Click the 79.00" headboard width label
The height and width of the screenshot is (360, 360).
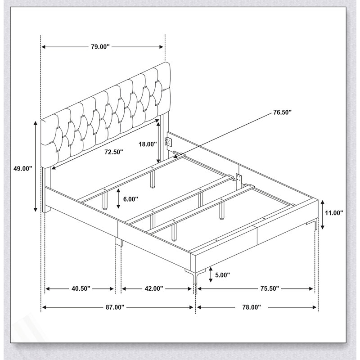(x=100, y=47)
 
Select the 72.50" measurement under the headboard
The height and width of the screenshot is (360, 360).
(x=114, y=152)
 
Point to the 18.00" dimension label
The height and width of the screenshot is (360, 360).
(x=148, y=144)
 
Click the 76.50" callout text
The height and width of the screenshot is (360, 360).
(x=282, y=112)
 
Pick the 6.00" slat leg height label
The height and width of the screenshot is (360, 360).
(x=130, y=199)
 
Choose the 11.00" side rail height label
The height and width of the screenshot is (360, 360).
(x=334, y=213)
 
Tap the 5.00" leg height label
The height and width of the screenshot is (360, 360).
(x=222, y=275)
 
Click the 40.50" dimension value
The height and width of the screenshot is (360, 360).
(x=81, y=288)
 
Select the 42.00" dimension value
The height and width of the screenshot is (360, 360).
(x=153, y=288)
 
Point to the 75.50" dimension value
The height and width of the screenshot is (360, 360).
(x=270, y=288)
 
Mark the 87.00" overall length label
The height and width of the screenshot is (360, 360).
(x=115, y=307)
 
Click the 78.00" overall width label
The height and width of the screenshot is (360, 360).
(x=252, y=307)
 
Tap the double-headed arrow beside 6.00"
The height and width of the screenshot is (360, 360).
(x=118, y=198)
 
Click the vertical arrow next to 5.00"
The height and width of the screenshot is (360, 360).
(x=211, y=274)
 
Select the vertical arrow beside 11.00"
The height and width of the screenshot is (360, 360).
(x=322, y=215)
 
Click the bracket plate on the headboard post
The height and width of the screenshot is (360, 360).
(x=169, y=142)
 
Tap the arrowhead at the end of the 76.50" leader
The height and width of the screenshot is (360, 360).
(x=176, y=156)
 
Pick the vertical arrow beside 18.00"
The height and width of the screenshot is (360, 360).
(x=158, y=142)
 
